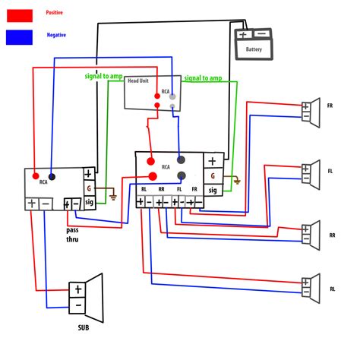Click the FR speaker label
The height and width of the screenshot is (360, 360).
(330, 106)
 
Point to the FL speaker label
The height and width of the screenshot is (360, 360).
(330, 171)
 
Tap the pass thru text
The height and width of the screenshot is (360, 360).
(73, 233)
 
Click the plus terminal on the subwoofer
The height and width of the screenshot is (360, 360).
(77, 290)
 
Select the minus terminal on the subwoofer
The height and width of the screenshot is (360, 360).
(77, 307)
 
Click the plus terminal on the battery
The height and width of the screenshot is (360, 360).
(243, 34)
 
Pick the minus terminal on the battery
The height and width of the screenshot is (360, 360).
(261, 34)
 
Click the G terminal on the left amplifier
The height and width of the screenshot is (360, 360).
(89, 187)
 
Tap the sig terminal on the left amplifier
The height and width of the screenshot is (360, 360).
(89, 202)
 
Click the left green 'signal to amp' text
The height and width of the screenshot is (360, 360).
(105, 77)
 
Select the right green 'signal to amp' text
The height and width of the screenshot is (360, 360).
(204, 77)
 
